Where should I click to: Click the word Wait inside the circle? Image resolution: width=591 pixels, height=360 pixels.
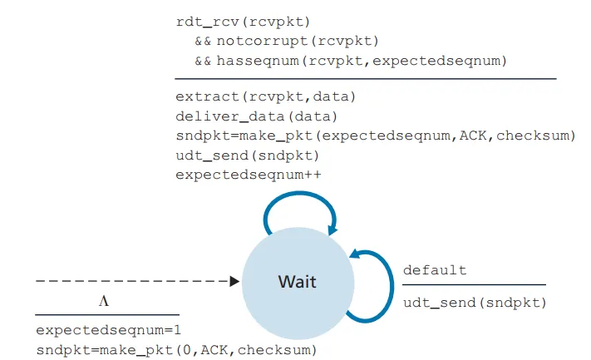click(x=297, y=282)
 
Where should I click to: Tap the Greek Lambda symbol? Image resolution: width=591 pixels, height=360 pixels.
click(x=104, y=301)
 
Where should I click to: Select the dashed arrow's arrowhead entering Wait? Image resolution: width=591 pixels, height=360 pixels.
click(x=234, y=282)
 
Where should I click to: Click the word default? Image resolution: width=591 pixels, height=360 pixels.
click(x=435, y=270)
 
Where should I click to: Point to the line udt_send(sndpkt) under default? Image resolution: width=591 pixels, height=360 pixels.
click(x=475, y=302)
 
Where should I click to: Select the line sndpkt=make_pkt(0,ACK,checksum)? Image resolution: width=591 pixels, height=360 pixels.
click(x=176, y=350)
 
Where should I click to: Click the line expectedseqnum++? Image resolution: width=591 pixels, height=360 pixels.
click(x=249, y=175)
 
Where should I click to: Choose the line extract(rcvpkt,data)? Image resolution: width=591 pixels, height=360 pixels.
click(x=266, y=96)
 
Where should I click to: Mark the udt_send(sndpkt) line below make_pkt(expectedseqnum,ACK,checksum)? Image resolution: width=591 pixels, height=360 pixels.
click(x=248, y=155)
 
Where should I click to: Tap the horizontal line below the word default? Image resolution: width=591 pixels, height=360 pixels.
click(x=474, y=285)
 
